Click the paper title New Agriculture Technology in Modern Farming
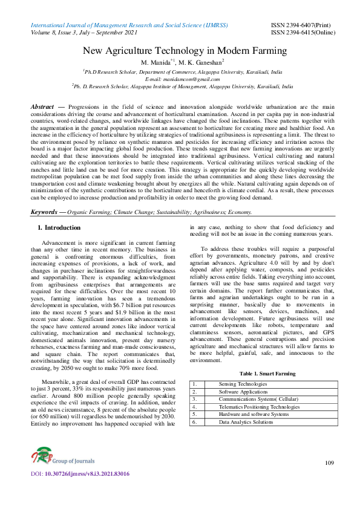point(180,51)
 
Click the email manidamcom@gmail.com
point(180,79)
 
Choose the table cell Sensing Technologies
point(242,384)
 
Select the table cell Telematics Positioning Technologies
point(259,407)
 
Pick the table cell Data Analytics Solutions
point(246,422)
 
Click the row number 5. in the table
point(194,414)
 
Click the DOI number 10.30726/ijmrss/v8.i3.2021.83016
point(87,473)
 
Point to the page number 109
point(329,463)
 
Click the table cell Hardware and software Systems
point(254,414)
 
